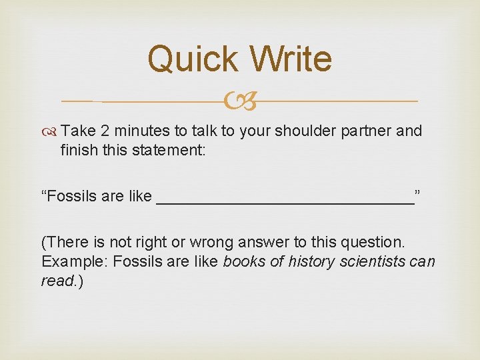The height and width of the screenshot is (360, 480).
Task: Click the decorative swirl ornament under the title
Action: [x=240, y=102]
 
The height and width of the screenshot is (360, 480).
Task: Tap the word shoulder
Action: [x=307, y=131]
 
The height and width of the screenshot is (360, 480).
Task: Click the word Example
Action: [x=75, y=261]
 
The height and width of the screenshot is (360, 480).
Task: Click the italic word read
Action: [x=57, y=281]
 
